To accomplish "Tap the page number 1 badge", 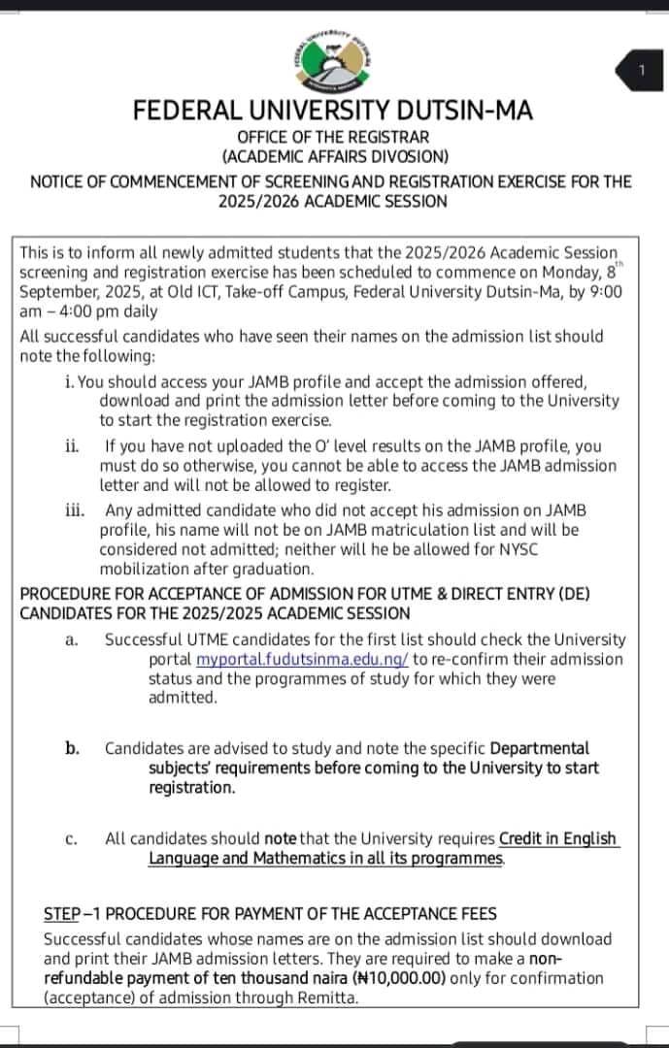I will (x=642, y=70).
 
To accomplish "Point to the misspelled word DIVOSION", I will (x=407, y=156).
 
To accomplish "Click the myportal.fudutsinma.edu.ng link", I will (x=302, y=659).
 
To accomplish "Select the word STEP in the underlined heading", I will (x=62, y=914).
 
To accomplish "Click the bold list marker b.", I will (x=72, y=748).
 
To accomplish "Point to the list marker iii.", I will (x=75, y=510).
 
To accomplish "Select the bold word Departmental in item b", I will (x=539, y=748).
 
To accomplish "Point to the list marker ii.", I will (x=72, y=446).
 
